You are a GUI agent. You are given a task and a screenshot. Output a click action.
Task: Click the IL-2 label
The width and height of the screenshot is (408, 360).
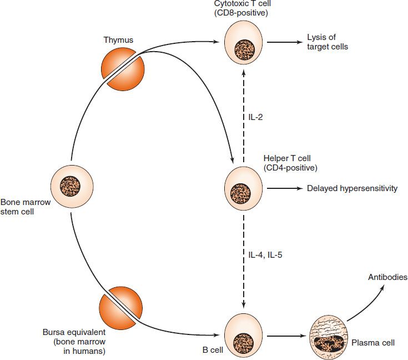256,117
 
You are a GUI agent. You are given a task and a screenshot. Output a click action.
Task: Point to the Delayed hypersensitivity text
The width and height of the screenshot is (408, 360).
352,188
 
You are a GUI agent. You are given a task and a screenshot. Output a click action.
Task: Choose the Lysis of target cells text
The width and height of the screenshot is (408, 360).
328,42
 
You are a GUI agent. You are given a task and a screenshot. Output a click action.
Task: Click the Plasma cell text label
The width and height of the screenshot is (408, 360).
373,343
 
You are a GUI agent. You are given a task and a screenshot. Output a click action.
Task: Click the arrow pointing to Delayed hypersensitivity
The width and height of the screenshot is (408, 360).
284,188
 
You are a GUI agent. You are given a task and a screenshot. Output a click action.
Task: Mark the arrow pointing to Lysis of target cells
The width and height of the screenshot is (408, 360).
284,42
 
